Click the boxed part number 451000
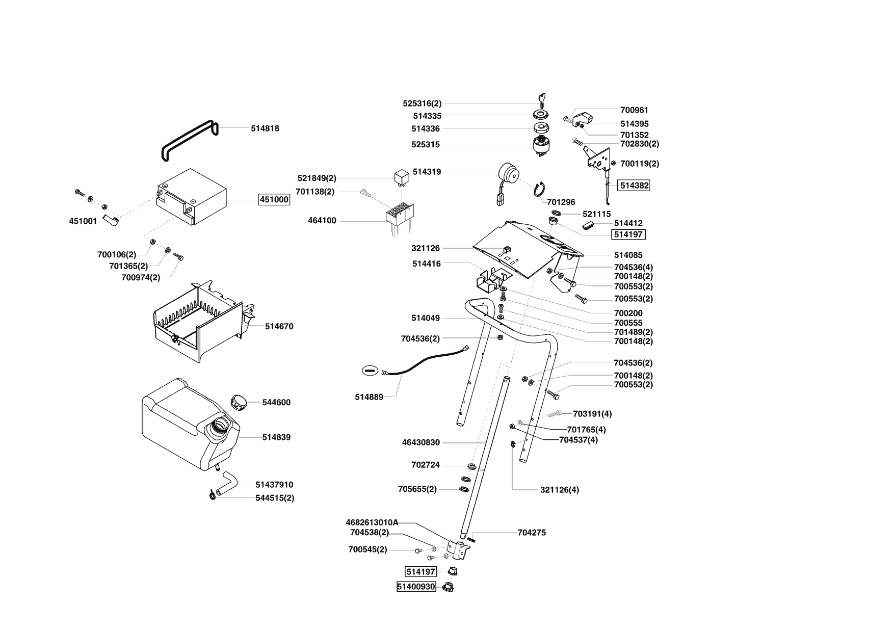click(x=274, y=200)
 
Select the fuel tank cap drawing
click(x=238, y=401)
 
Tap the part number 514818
click(x=265, y=128)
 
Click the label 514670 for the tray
click(x=279, y=326)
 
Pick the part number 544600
click(x=276, y=402)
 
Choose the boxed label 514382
click(x=634, y=186)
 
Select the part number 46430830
click(x=420, y=442)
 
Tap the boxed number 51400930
click(x=416, y=587)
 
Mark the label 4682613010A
click(x=372, y=522)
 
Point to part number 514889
click(x=369, y=397)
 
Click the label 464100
click(x=322, y=221)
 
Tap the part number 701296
click(x=561, y=202)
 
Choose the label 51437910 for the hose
click(x=274, y=485)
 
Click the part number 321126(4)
click(x=560, y=490)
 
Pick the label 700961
click(x=634, y=110)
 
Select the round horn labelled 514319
click(x=508, y=175)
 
